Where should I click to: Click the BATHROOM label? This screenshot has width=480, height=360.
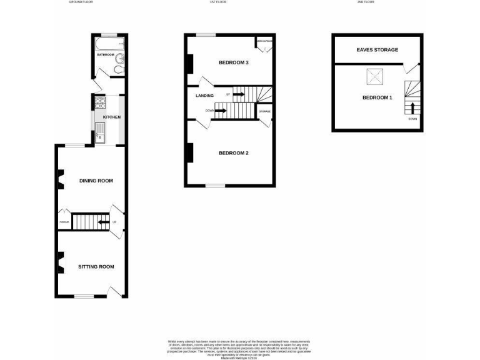tap(105, 55)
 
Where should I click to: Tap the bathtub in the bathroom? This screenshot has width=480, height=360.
tap(110, 43)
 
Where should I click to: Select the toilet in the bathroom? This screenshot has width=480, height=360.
tap(119, 60)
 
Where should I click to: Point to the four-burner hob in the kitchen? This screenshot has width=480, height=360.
tap(100, 101)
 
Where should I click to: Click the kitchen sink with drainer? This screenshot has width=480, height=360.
tap(100, 132)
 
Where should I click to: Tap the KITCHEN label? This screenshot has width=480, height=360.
tap(111, 117)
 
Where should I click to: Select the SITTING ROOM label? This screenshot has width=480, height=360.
tap(96, 267)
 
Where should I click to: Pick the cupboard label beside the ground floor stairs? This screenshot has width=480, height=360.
tap(64, 222)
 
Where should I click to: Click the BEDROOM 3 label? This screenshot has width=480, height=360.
tap(234, 62)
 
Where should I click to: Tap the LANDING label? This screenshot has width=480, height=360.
tap(204, 96)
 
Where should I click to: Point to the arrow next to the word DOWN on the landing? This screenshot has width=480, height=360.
tap(220, 111)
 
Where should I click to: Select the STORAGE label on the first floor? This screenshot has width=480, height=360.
tap(264, 111)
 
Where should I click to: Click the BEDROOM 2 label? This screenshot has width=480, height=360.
tap(234, 153)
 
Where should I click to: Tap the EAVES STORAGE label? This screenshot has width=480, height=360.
tap(377, 49)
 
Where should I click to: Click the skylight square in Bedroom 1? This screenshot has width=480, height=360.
tap(373, 77)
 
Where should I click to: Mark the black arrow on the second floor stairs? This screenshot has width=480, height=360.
tap(412, 107)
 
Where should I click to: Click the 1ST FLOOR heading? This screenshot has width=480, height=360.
tap(217, 2)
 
